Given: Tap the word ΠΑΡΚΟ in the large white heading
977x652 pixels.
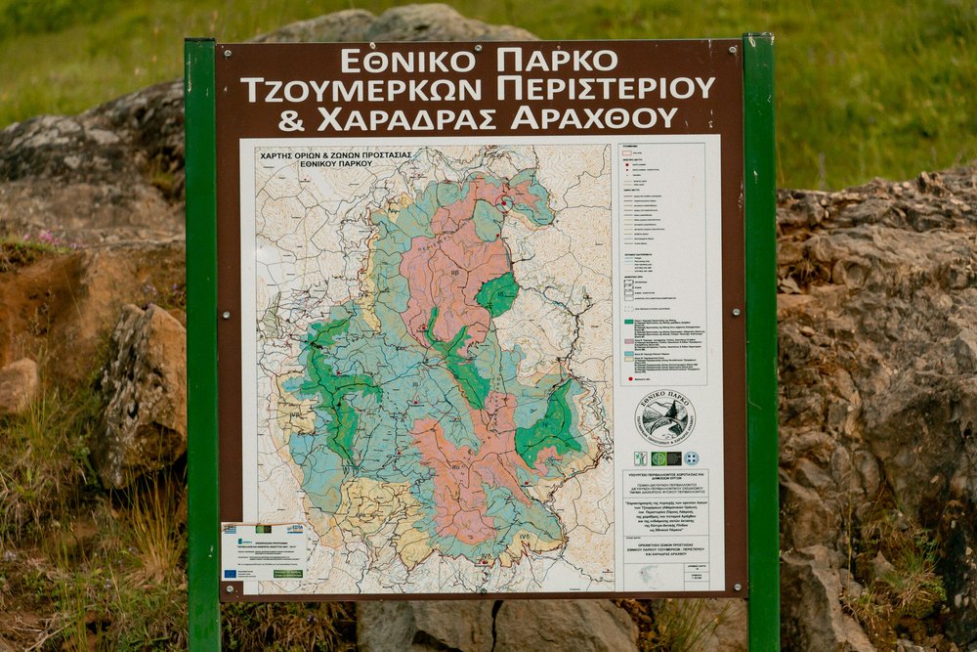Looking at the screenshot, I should click(x=557, y=61).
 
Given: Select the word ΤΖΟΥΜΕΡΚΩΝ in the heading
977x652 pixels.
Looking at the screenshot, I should click(x=361, y=90).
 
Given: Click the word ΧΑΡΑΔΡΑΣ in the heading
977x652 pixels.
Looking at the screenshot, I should click(x=408, y=119).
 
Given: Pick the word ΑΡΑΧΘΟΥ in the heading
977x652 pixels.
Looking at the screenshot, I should click(x=594, y=119).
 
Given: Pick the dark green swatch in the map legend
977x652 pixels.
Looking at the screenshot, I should click(x=626, y=322).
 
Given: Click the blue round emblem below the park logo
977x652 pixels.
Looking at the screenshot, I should click(x=692, y=457).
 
